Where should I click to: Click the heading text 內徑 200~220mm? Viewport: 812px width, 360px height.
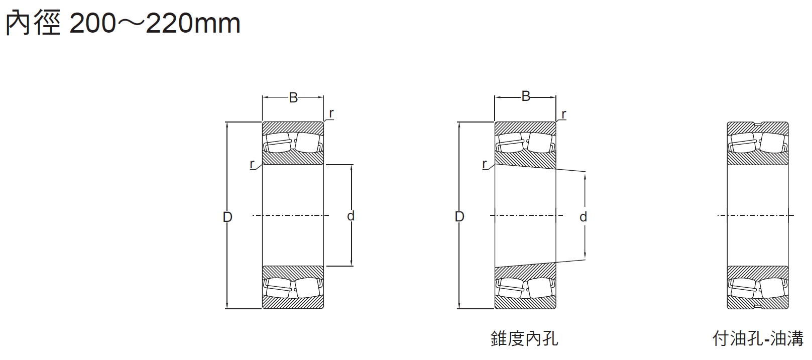click(x=123, y=23)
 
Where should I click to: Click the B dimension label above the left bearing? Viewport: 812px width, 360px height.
click(x=293, y=98)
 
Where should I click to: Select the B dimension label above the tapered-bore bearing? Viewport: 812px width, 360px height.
click(x=526, y=96)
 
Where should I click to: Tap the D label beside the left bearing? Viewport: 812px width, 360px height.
click(x=227, y=217)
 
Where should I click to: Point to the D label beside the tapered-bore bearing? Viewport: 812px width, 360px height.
click(x=459, y=217)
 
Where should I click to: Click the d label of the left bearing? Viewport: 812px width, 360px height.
click(x=351, y=216)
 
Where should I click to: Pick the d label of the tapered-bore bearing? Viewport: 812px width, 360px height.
click(x=583, y=217)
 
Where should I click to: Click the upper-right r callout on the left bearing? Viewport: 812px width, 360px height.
click(x=331, y=114)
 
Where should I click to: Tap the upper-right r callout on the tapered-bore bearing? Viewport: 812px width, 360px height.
click(x=564, y=114)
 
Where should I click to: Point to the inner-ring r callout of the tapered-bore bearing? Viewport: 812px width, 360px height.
click(x=485, y=164)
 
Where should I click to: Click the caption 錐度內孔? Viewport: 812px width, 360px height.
click(x=524, y=338)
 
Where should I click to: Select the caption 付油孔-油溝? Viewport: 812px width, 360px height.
click(x=758, y=338)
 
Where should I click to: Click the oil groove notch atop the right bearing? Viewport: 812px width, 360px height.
click(x=758, y=124)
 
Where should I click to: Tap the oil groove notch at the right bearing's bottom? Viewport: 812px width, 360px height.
click(x=758, y=307)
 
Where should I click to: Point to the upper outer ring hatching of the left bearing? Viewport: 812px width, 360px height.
click(x=293, y=127)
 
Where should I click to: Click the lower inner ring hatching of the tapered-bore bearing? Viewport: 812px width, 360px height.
click(x=525, y=272)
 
